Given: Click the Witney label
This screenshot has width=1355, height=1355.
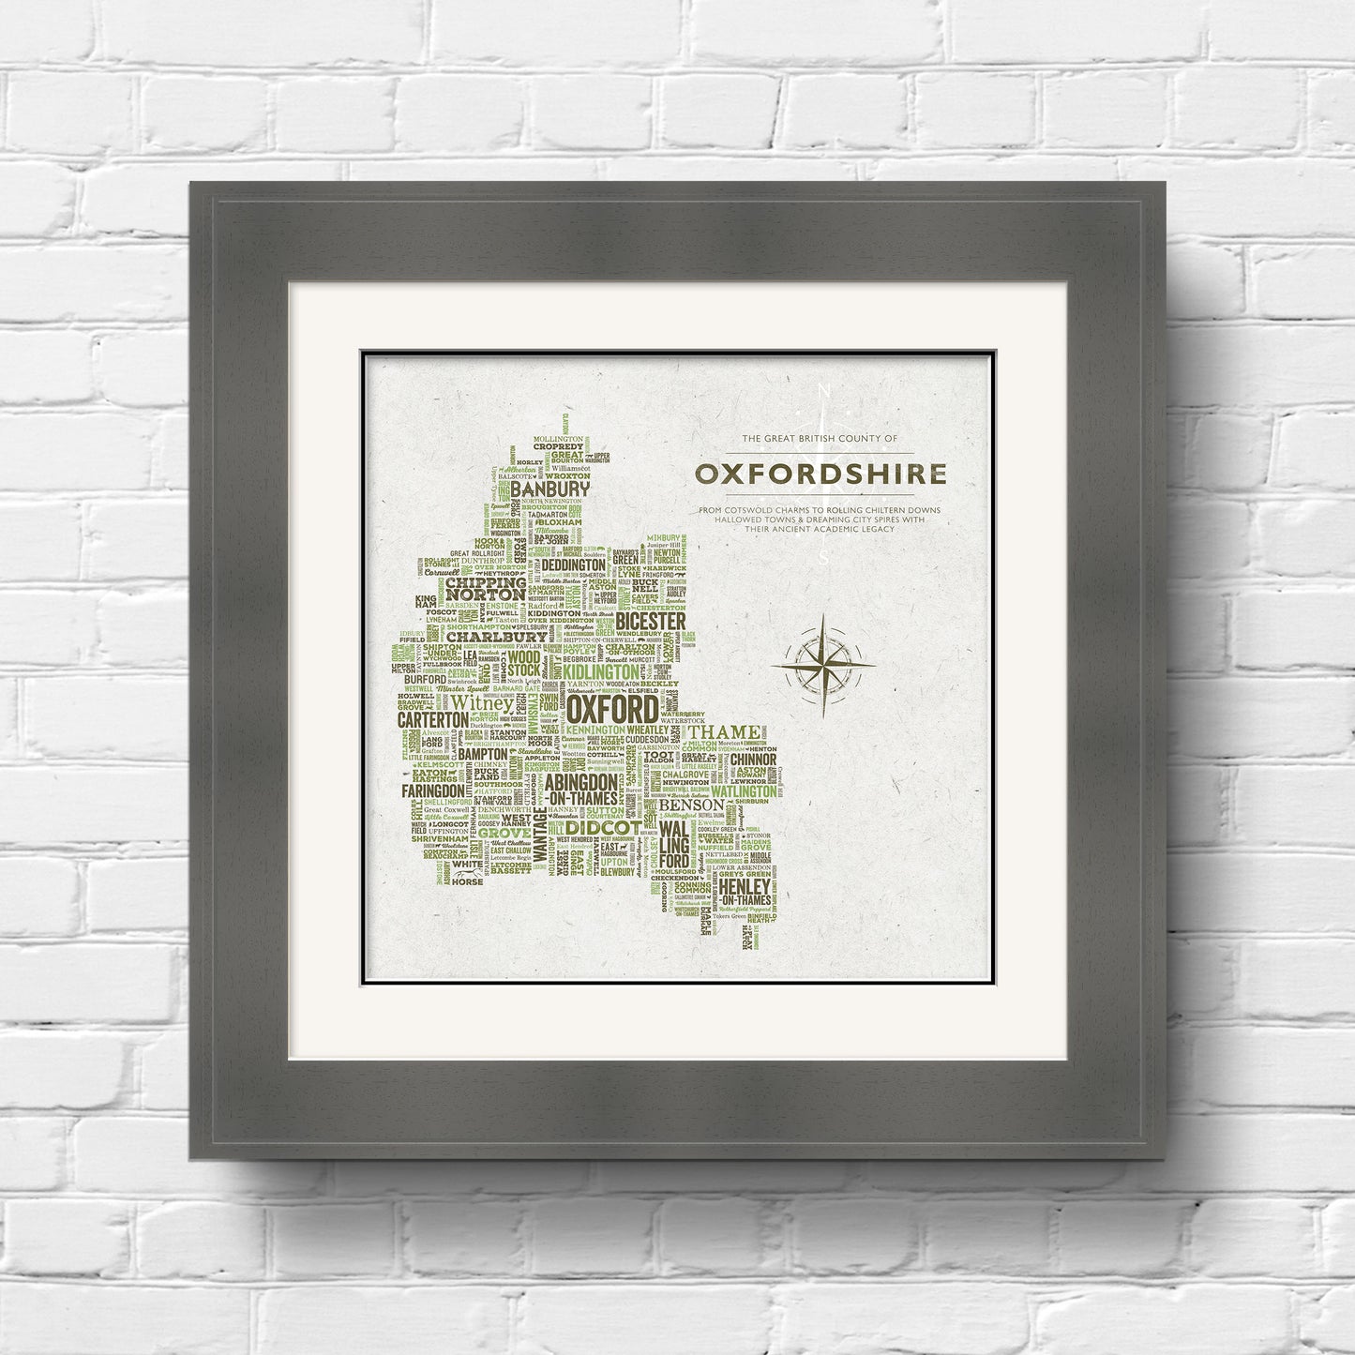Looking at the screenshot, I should [482, 702].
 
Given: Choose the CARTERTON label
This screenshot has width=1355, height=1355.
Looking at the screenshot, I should [432, 718].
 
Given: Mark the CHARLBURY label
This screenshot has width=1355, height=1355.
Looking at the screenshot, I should [482, 637].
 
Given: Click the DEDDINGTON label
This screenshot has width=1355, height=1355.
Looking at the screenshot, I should [573, 566].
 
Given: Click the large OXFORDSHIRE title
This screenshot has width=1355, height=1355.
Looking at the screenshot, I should [821, 474].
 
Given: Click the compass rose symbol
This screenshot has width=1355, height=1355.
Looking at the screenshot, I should [822, 665].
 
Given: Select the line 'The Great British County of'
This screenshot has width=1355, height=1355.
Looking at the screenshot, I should [820, 439].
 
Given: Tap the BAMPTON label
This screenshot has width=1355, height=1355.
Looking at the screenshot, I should [483, 753].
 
